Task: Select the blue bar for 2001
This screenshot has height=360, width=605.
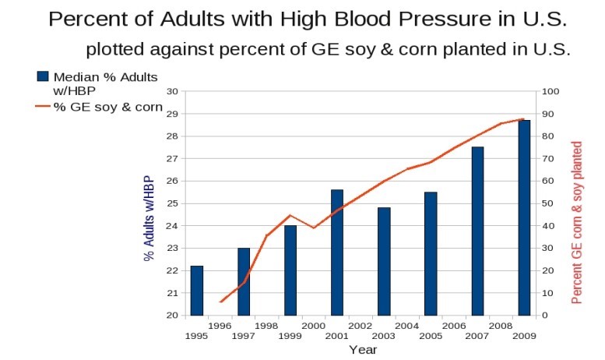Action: click(x=337, y=252)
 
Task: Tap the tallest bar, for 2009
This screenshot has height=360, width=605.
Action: click(x=524, y=217)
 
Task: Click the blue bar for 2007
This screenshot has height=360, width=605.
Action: click(x=477, y=231)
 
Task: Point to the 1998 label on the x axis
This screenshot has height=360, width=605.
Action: click(x=266, y=326)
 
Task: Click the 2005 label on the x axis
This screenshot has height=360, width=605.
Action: click(x=431, y=336)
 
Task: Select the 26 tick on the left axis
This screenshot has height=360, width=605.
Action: click(x=174, y=181)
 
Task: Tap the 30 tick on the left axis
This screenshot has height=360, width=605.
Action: click(x=174, y=91)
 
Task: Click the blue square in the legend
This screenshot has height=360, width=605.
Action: click(x=43, y=76)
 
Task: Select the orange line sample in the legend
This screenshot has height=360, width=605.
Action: click(x=43, y=108)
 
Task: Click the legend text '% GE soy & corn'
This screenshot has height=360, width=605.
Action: click(x=108, y=108)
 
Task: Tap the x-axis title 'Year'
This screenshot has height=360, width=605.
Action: click(x=363, y=350)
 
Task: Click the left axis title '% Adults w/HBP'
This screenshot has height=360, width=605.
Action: click(x=149, y=218)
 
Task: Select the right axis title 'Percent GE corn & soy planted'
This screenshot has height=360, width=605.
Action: click(x=577, y=223)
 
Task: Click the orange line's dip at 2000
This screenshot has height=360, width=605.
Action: click(x=314, y=228)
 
